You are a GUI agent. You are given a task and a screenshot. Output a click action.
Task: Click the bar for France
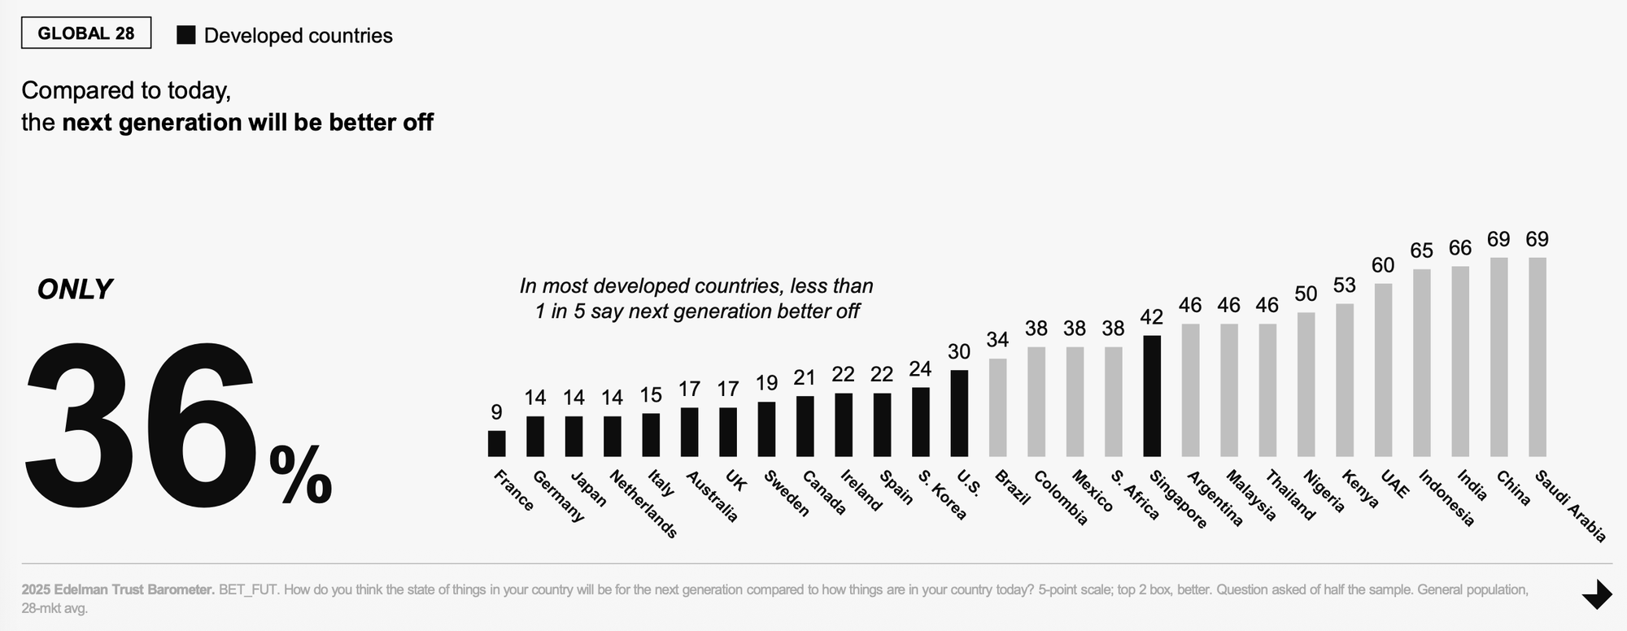496,444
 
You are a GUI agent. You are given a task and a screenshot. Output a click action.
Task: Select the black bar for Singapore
1152,396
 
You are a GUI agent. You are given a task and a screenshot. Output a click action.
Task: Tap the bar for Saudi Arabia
1538,357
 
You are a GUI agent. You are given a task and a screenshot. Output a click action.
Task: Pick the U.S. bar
959,413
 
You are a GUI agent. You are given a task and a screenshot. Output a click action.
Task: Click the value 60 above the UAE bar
1383,266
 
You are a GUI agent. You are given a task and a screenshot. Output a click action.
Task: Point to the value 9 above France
496,413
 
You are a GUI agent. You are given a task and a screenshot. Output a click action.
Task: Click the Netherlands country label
643,504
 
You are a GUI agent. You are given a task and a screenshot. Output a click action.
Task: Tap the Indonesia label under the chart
1447,498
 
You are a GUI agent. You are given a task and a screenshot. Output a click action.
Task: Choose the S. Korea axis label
943,494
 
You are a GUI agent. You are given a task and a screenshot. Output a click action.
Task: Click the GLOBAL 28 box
86,33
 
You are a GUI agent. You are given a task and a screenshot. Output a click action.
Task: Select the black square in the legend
186,35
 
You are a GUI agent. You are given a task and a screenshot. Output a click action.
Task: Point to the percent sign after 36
300,475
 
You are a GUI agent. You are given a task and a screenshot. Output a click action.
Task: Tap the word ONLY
75,289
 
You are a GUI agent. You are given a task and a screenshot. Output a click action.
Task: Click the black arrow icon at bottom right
1597,594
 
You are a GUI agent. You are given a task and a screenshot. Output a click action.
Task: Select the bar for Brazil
997,407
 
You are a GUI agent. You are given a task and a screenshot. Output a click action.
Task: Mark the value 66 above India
1460,248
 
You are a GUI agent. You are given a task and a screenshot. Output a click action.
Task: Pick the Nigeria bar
1306,385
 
